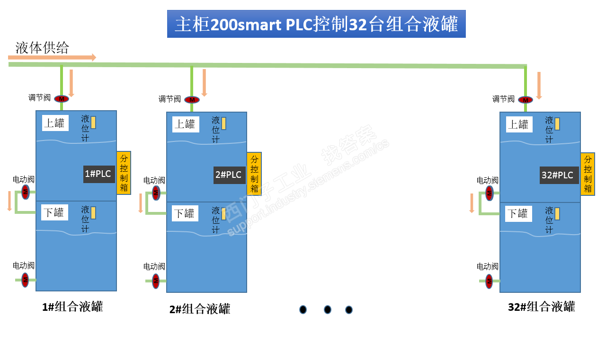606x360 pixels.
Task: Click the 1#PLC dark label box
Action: click(x=99, y=174)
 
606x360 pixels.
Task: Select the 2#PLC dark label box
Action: click(x=230, y=175)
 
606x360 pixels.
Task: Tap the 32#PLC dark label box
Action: click(x=559, y=175)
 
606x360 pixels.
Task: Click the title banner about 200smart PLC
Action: click(x=316, y=24)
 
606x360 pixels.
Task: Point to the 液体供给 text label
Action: click(x=42, y=48)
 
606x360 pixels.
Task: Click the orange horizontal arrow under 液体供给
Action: click(x=52, y=58)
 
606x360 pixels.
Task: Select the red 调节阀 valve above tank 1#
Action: click(x=61, y=99)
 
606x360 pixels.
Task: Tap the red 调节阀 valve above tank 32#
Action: click(x=525, y=100)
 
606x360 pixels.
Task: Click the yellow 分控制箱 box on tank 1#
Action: click(x=124, y=173)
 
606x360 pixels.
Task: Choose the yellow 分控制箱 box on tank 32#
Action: click(x=588, y=174)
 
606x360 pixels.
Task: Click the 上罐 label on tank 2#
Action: click(x=185, y=124)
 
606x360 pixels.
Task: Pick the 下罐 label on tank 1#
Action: click(x=54, y=212)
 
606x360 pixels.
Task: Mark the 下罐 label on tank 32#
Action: click(x=518, y=214)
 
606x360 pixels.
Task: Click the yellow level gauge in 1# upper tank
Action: click(x=93, y=123)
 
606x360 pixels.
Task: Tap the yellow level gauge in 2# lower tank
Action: click(x=224, y=213)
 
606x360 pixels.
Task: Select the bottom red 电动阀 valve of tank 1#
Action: click(x=25, y=280)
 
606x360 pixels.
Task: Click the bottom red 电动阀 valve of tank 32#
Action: click(x=489, y=281)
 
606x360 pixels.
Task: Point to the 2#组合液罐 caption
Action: click(x=200, y=309)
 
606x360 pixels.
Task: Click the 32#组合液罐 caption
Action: click(x=541, y=307)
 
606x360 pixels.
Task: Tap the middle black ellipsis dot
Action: click(x=327, y=310)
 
